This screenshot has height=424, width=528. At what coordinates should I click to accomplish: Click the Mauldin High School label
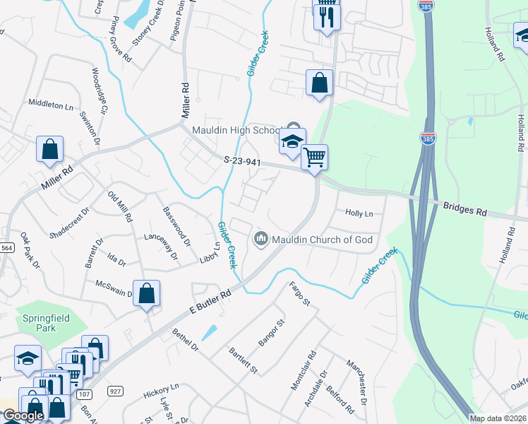238,131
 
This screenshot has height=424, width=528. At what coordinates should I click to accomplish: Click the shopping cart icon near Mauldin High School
314,157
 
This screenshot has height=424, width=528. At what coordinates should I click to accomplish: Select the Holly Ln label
359,213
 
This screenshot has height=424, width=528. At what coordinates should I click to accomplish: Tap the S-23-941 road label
244,161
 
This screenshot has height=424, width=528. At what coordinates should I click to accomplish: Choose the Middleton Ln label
51,104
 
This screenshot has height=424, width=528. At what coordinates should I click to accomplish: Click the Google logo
23,416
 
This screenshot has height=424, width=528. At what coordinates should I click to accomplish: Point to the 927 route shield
115,391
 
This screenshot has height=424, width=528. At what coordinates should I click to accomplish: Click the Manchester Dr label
357,382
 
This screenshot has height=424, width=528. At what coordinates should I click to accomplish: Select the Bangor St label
271,333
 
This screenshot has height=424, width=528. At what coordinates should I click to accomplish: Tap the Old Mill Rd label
119,206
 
